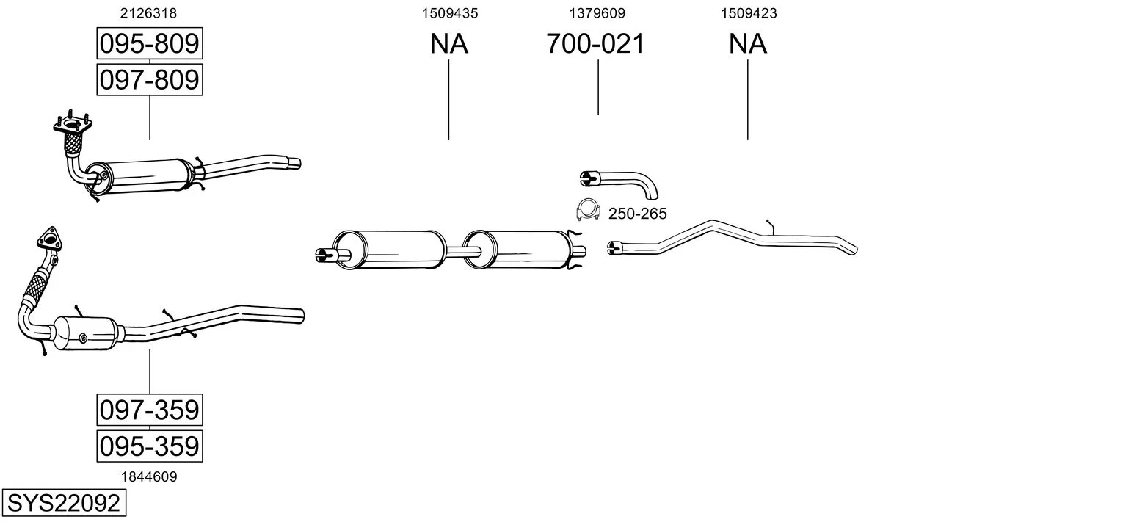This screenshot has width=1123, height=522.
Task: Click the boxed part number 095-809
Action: [x=150, y=43]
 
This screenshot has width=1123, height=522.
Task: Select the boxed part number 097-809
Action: [x=150, y=80]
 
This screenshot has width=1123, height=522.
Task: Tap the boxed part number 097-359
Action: [x=150, y=410]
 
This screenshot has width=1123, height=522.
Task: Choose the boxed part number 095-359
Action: [x=150, y=446]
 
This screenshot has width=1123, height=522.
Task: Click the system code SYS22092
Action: [x=64, y=503]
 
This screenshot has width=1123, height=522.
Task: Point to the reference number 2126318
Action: [x=148, y=13]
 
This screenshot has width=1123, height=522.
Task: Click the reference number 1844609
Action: [x=149, y=477]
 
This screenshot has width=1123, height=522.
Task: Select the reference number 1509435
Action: [x=450, y=13]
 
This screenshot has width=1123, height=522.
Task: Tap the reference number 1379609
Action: [x=597, y=13]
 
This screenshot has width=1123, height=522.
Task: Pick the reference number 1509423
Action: [x=749, y=13]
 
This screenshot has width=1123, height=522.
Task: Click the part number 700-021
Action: [x=595, y=43]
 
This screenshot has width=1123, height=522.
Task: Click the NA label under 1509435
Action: [x=448, y=43]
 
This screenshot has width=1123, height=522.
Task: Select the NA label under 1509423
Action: [x=747, y=43]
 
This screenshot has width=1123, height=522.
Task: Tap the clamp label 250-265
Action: [x=638, y=214]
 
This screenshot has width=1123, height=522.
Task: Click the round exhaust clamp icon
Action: [x=588, y=209]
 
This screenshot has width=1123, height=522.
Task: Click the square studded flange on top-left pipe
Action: [x=73, y=124]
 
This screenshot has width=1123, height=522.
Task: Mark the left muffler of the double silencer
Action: [x=390, y=249]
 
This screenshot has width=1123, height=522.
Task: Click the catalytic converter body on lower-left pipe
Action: [x=85, y=333]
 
